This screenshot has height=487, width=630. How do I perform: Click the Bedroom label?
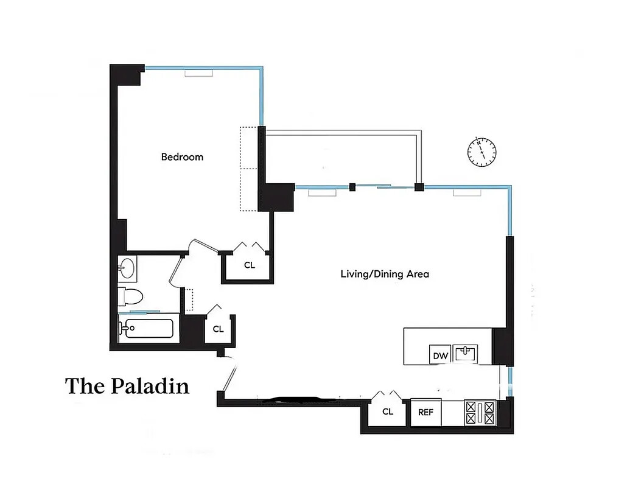coord(182,157)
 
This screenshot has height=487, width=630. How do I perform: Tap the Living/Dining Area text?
coord(384,274)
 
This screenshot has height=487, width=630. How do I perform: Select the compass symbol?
coord(481,152)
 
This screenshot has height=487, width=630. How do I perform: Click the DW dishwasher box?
coord(439,355)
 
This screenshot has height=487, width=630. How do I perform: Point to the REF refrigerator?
coord(425,412)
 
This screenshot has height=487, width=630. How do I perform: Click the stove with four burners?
coord(481,412)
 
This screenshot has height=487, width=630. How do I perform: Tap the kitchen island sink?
coord(468,352)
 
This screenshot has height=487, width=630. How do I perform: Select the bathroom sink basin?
coord(128,267)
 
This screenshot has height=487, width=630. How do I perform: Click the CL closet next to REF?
coord(388,412)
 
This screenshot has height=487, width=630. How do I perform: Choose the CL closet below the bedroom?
coord(249,265)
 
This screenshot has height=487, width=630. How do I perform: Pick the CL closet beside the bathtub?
coord(218,329)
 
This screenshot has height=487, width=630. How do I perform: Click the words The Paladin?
coord(127,386)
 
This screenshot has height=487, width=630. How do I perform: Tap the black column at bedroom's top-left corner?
coord(126,75)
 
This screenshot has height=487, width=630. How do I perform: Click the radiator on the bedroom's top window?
coord(198,73)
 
